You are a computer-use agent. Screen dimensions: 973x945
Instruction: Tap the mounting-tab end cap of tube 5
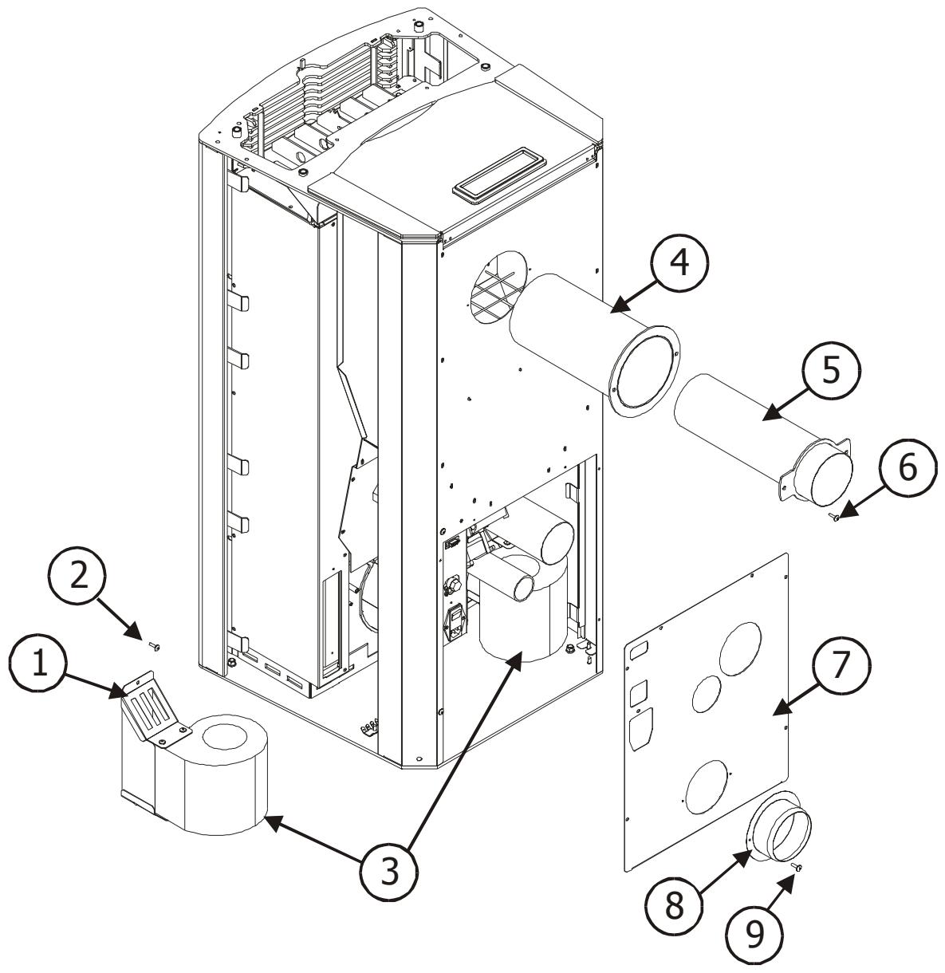click(817, 473)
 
